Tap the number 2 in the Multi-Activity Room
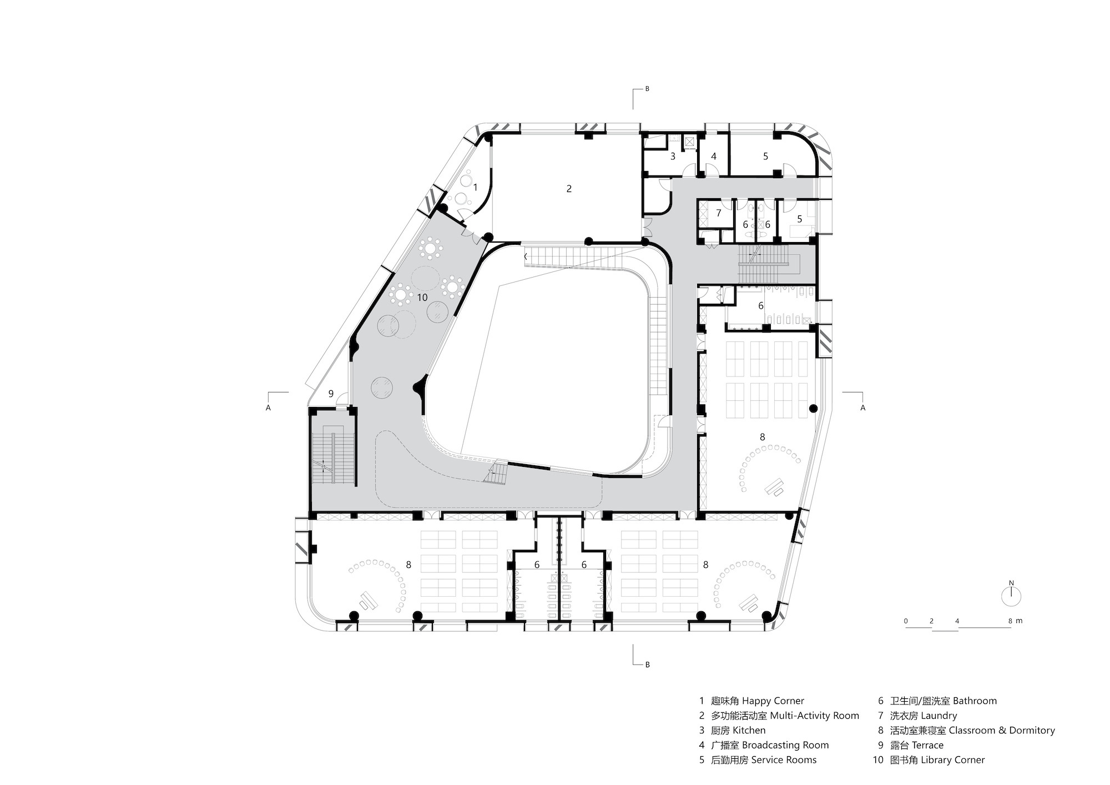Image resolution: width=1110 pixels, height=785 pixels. point(569,189)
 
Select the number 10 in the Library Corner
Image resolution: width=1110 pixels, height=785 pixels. point(422,298)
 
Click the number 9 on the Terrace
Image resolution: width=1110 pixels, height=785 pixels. point(331,394)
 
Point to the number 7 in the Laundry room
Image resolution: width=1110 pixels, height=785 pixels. point(718,213)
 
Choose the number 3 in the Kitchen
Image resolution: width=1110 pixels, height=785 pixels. point(673,157)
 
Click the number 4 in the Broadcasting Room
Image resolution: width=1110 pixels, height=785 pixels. point(714,157)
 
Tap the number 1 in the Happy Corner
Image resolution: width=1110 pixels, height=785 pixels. point(475,188)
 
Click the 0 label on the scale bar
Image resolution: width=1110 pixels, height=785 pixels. point(906,621)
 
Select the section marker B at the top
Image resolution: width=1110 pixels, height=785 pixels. point(647,89)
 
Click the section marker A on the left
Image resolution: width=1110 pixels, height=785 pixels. point(269,407)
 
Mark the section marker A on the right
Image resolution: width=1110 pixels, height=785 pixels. point(862,407)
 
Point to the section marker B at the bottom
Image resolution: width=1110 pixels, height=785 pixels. point(647,664)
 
